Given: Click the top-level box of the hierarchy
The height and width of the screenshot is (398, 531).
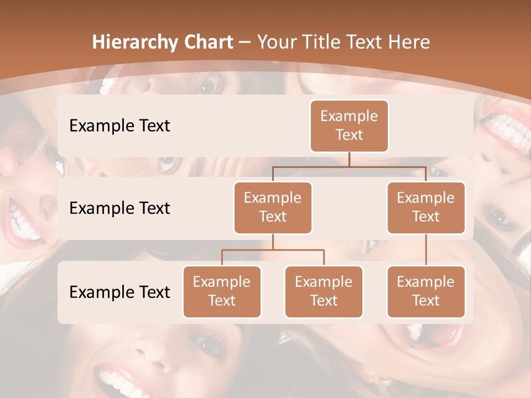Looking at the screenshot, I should coord(349,125).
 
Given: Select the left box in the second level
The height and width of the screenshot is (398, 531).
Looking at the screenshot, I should coord(273,207).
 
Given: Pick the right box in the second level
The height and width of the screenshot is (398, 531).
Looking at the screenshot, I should coord(426,207).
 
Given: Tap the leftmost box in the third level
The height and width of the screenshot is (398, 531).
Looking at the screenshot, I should coord(222,291).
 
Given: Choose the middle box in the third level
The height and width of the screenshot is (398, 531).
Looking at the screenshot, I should coord(324,291).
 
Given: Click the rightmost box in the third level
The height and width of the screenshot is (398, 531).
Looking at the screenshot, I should coord(426,291).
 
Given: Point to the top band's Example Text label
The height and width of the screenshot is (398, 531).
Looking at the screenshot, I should coord(119,125).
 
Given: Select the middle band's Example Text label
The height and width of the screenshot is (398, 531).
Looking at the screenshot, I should coord(119,208).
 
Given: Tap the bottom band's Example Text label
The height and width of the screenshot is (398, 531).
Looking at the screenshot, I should coord(119,292).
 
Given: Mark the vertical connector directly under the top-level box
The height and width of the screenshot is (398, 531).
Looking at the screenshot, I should coord(349,159).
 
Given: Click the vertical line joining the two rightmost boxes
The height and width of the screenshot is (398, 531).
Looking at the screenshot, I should coord(426,249).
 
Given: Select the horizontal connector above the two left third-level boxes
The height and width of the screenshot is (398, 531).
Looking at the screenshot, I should coord(273,250).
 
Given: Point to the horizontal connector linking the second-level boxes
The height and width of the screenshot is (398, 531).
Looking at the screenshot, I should coord(349,166).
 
